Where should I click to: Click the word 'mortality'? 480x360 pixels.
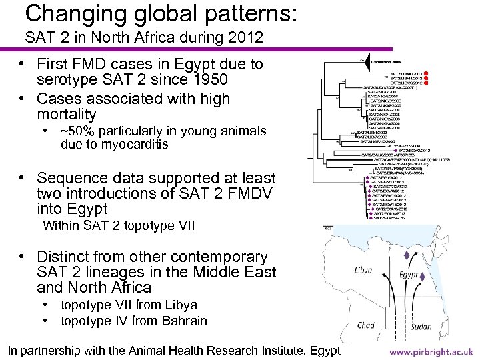point(67,114)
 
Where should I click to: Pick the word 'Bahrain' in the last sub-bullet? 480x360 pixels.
point(184,321)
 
